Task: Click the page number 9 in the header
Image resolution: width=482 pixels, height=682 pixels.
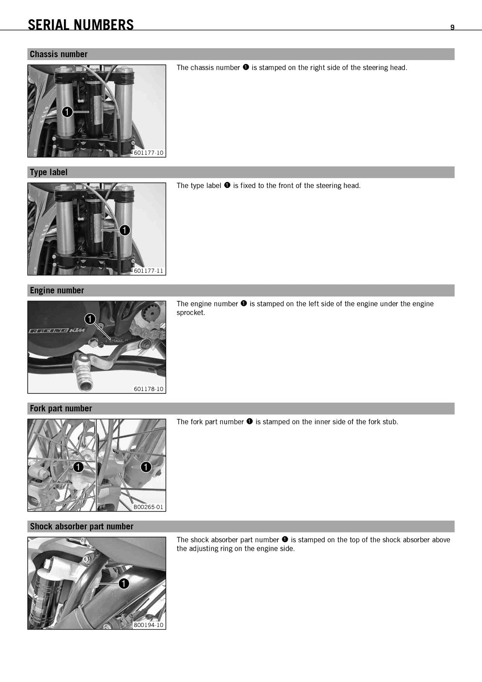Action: coord(452,27)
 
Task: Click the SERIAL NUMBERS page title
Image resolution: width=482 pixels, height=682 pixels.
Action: coord(81,25)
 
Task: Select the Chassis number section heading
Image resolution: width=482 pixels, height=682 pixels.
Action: coord(58,54)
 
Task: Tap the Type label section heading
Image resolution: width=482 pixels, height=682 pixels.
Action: coord(49,172)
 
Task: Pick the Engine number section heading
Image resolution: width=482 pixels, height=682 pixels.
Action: coord(57,290)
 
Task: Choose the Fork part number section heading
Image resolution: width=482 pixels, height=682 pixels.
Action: coord(61,409)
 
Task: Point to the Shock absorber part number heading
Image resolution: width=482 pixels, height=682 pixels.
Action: coord(81,526)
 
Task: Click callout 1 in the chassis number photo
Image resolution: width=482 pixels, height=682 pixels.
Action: coord(67,112)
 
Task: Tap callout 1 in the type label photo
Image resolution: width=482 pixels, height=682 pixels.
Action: coord(124,230)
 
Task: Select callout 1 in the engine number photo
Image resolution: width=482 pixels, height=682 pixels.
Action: coord(90,319)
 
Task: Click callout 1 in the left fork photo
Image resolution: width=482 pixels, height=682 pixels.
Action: coord(78,467)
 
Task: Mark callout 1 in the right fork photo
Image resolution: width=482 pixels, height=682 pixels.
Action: coord(146,467)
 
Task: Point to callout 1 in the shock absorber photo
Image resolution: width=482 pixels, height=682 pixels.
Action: coord(124,584)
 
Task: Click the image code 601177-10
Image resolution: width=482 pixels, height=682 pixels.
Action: coord(149,153)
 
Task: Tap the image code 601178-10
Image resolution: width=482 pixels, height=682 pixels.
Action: coord(149,389)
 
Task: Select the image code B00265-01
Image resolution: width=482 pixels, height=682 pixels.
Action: coord(148,507)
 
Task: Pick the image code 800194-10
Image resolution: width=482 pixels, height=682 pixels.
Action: coord(149,625)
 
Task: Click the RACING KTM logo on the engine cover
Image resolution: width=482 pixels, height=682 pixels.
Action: coord(57,331)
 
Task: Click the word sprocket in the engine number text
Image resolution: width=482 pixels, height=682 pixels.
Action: coord(190,313)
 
